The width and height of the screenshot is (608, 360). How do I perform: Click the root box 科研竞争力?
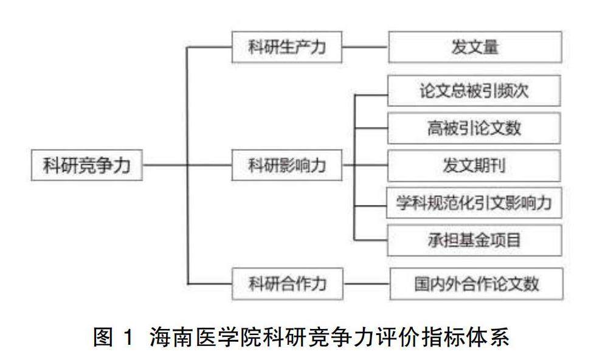[x=87, y=165]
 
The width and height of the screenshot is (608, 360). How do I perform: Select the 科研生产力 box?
[x=287, y=47]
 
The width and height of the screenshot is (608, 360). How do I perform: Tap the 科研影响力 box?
[x=287, y=165]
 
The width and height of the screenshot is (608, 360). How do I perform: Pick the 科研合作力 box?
[x=287, y=283]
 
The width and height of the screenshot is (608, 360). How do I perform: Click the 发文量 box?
[x=475, y=47]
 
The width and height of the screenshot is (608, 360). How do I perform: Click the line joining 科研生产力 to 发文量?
[x=365, y=47]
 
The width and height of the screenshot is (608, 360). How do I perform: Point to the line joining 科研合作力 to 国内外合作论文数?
[x=365, y=283]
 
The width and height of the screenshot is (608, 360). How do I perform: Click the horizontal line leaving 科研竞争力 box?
[x=164, y=165]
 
